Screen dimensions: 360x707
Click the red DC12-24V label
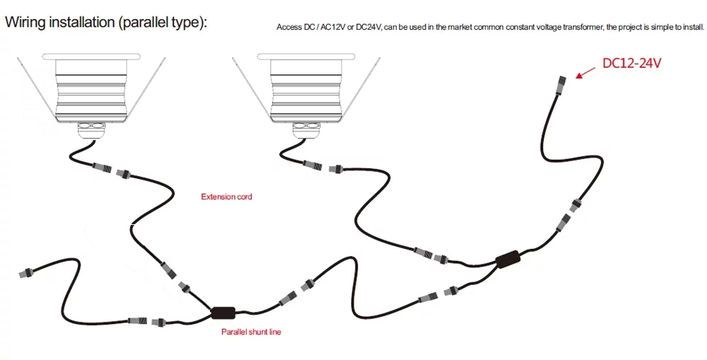[x=631, y=64]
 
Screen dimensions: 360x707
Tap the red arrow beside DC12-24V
[x=585, y=71]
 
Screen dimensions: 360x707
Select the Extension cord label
[x=226, y=197]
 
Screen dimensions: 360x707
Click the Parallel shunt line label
[x=251, y=332]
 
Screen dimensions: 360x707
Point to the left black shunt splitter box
[x=223, y=313]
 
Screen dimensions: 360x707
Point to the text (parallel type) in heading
[x=162, y=22]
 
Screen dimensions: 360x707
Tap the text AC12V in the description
[x=333, y=28]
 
